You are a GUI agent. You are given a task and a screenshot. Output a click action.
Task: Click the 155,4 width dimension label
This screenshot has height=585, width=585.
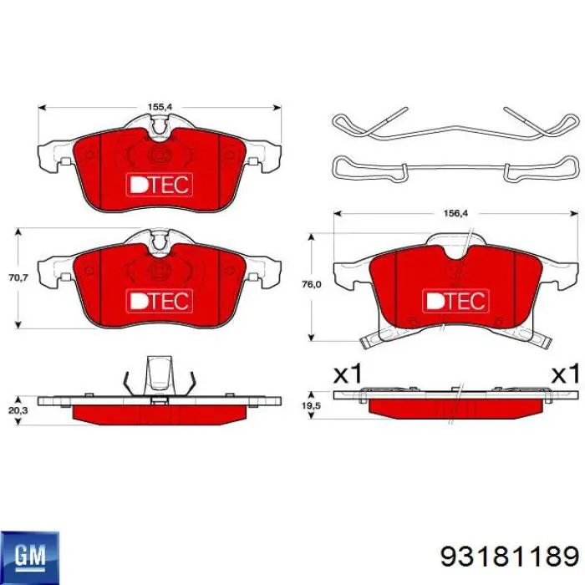(160, 107)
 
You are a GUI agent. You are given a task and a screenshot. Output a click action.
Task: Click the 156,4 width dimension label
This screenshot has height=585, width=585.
(455, 213)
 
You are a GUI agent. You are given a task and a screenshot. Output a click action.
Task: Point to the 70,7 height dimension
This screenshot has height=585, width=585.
(18, 277)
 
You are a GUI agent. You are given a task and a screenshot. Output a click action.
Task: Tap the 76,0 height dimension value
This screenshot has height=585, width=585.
(311, 285)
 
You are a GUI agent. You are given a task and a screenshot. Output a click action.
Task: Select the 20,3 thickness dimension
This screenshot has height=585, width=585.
(18, 410)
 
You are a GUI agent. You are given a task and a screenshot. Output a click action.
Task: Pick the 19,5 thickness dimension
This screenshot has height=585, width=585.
(311, 405)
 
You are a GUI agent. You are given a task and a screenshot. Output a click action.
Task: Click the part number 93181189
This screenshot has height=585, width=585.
(509, 557)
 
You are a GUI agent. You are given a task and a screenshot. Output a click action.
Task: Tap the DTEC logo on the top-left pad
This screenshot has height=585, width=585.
(160, 185)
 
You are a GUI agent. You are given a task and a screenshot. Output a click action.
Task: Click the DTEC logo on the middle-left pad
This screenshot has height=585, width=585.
(160, 301)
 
